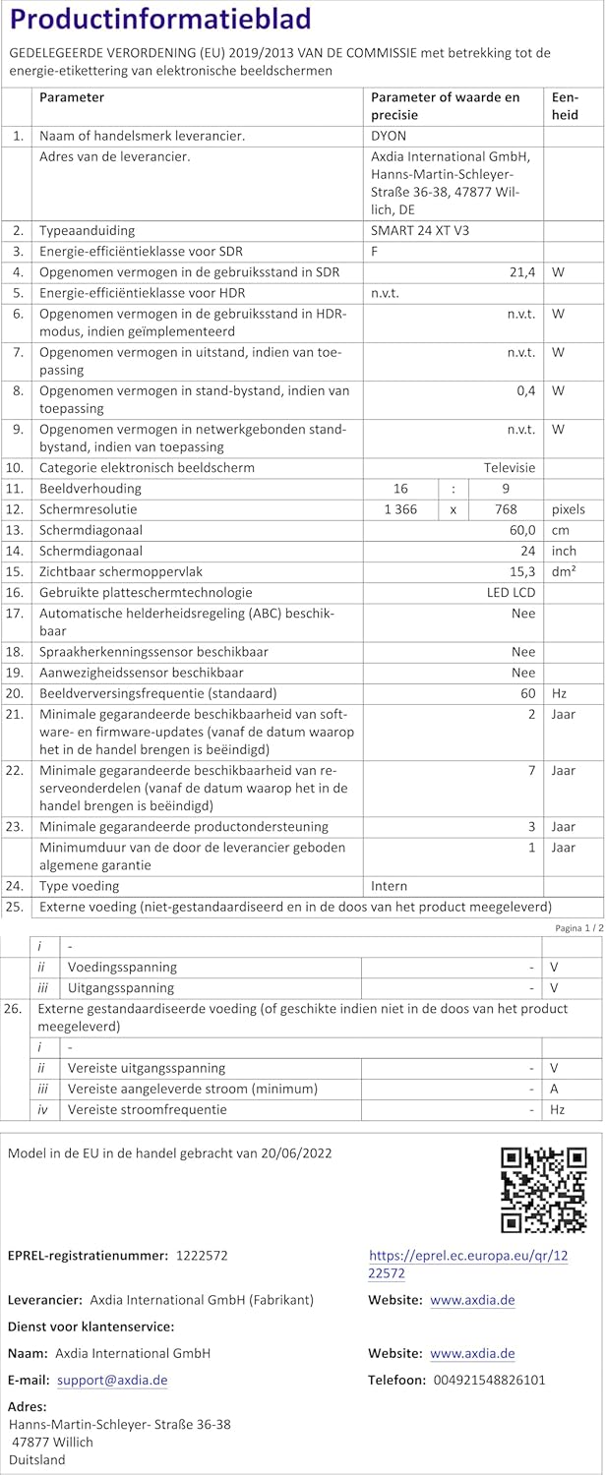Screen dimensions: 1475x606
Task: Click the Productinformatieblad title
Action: click(x=160, y=20)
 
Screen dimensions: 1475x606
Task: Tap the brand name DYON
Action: click(x=389, y=136)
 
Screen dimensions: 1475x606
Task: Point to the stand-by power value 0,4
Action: click(x=525, y=390)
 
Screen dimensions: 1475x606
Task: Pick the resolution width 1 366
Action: click(x=399, y=509)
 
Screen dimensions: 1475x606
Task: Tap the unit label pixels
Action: click(x=568, y=509)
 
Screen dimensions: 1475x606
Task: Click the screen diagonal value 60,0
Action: click(x=518, y=530)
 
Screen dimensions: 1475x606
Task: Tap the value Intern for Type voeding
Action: click(x=389, y=885)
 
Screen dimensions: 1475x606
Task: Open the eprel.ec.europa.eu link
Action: click(x=467, y=1264)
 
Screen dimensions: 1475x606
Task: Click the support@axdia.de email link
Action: click(x=112, y=1381)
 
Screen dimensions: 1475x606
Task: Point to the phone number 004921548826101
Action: click(x=489, y=1381)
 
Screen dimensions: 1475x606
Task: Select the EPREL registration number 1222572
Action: click(x=202, y=1256)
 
